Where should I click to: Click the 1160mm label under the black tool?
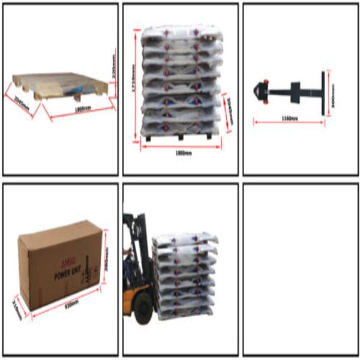[x=289, y=119]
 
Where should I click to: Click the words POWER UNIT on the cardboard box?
[x=67, y=277]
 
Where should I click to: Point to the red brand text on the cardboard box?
[x=64, y=269]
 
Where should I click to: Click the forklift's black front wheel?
[x=143, y=308]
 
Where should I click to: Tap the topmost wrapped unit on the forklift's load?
[x=183, y=238]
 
